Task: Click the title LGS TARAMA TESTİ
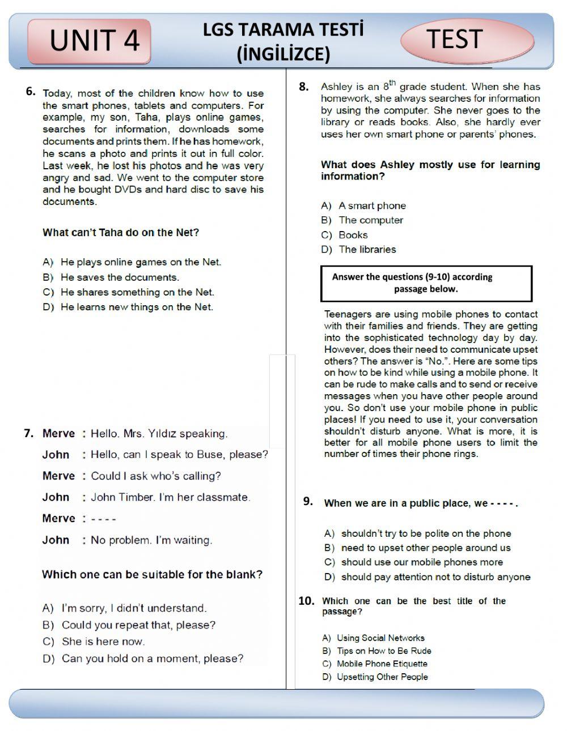pos(283,29)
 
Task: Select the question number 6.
pos(31,91)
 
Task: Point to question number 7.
pos(29,433)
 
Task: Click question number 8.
pos(304,87)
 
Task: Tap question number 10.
pos(306,601)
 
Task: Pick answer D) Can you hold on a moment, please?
pos(143,659)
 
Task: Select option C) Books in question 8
pos(345,235)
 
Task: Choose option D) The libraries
pos(358,250)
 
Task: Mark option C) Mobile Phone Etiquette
pos(375,664)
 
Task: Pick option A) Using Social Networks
pos(374,638)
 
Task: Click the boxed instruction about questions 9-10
pos(426,283)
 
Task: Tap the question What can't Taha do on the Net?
pos(121,233)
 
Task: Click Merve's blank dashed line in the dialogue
pos(103,519)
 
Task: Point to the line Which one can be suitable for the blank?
pos(152,574)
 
